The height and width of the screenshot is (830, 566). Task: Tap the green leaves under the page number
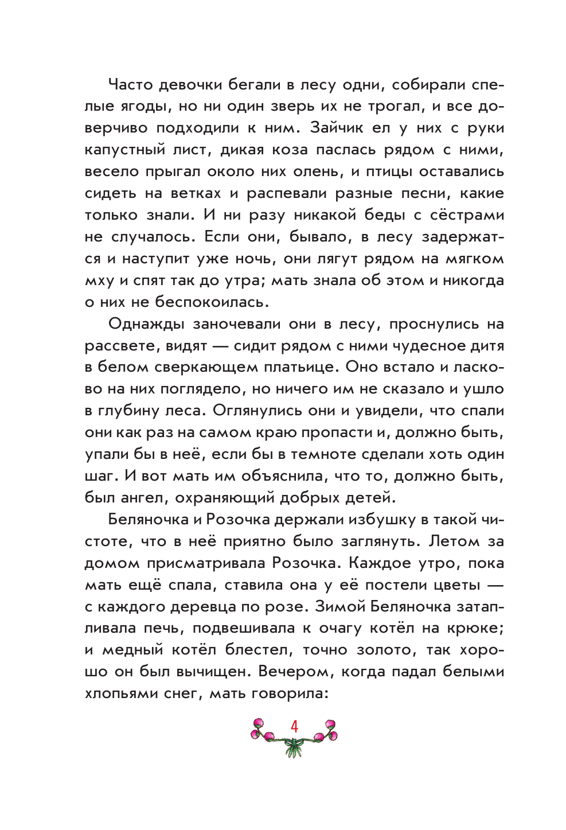(x=294, y=747)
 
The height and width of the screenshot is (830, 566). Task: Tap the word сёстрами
(x=467, y=215)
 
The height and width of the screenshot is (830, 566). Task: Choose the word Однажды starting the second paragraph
(x=146, y=324)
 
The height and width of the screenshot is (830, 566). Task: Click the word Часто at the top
(x=130, y=85)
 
